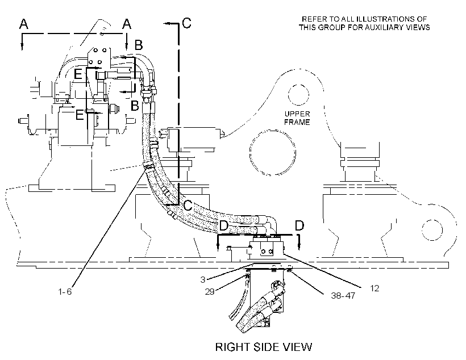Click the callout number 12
(x=375, y=288)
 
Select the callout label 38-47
(x=343, y=295)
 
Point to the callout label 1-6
(x=65, y=292)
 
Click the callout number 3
(x=203, y=279)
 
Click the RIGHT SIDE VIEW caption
(x=264, y=347)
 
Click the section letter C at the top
(x=186, y=23)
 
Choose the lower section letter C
(x=188, y=205)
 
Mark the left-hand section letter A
(x=24, y=24)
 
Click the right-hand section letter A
(x=127, y=24)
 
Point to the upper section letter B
(x=139, y=45)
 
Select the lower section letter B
(x=135, y=106)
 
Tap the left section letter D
(x=224, y=226)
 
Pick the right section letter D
(x=299, y=226)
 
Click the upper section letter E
(x=78, y=74)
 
